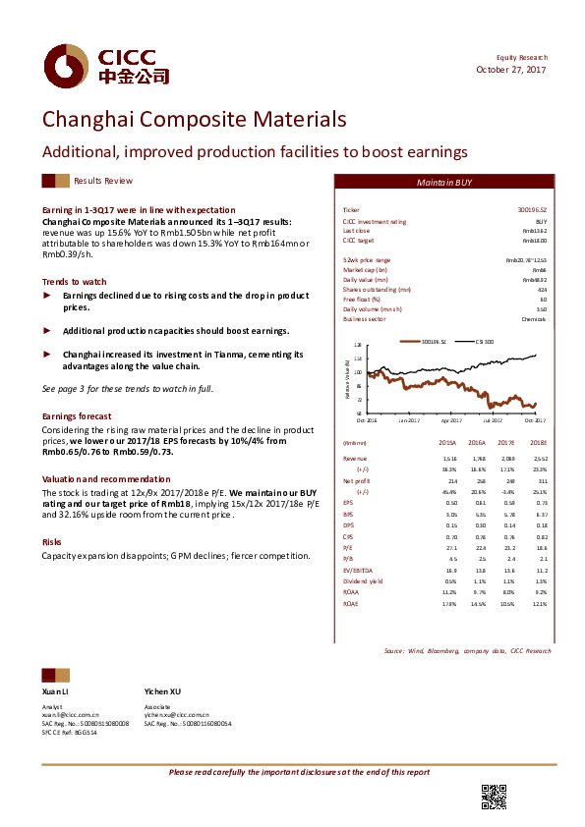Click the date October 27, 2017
click(511, 70)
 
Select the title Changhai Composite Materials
click(194, 120)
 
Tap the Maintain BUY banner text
click(444, 184)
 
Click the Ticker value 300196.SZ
click(531, 211)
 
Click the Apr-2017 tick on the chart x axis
click(451, 420)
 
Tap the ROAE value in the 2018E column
click(539, 604)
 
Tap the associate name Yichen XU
click(162, 691)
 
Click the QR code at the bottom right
click(494, 798)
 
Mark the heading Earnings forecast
click(77, 416)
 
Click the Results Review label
click(103, 182)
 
